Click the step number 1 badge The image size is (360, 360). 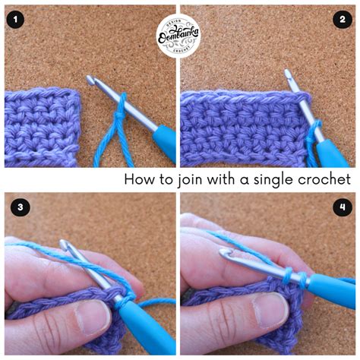[16, 20]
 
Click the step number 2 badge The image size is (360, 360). [343, 20]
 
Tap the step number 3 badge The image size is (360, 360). [16, 206]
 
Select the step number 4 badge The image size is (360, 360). [343, 206]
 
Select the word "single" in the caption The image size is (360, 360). [277, 179]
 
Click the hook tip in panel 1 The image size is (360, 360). [91, 80]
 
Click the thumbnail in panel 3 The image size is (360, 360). [89, 319]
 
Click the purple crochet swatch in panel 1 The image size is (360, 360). [42, 125]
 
